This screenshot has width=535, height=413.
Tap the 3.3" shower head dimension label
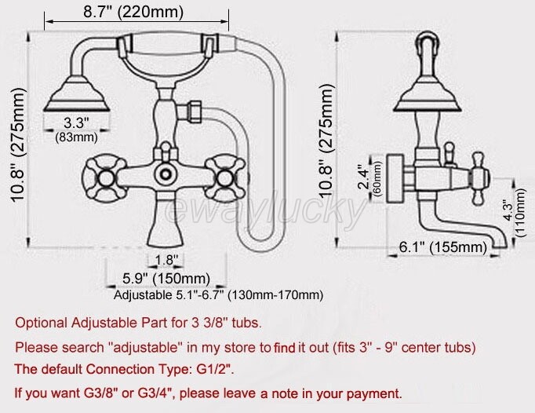pos(76,122)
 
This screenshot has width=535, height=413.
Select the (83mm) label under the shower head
pos(76,137)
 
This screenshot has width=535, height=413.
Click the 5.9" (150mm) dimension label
pos(167,279)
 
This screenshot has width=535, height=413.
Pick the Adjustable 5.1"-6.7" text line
pos(218,295)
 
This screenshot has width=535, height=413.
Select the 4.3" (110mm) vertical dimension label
pos(511,211)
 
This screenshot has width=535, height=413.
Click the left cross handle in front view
pos(100,173)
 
